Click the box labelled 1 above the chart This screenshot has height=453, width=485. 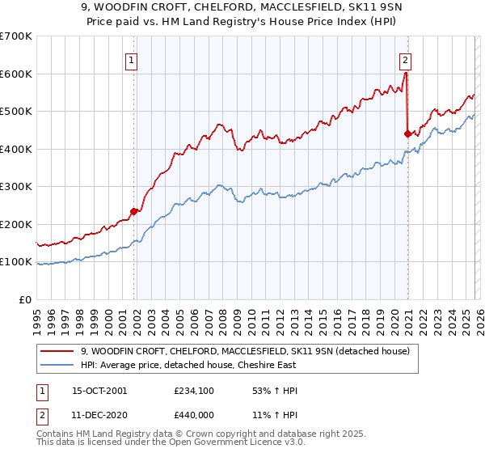tap(131, 59)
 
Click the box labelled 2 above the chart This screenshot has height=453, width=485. tap(404, 59)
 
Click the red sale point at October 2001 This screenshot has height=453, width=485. tap(134, 211)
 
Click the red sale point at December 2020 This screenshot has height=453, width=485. tap(407, 134)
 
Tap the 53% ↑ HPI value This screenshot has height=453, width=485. tap(276, 391)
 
